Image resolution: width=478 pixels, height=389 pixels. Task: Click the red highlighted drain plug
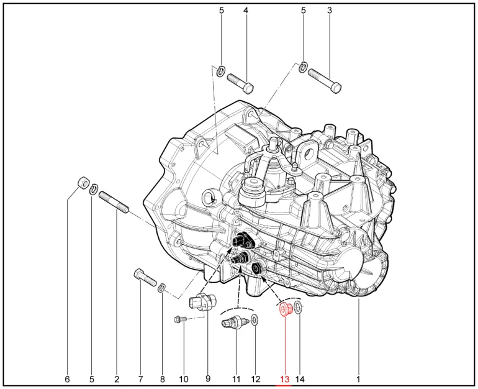coord(286,309)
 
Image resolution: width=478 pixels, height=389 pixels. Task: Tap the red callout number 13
coord(284,379)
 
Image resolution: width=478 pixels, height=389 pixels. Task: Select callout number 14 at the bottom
coord(300,379)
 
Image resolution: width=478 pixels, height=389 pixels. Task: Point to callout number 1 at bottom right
coord(358,379)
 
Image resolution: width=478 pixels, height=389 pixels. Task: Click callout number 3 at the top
coord(329,11)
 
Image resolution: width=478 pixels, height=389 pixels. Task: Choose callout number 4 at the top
coord(246,11)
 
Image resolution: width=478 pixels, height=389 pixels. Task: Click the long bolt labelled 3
coord(325,81)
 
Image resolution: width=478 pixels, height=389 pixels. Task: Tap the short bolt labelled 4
coord(240,83)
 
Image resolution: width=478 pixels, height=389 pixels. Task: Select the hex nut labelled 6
coord(83,183)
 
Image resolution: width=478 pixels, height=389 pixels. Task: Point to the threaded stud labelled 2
coord(114,202)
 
